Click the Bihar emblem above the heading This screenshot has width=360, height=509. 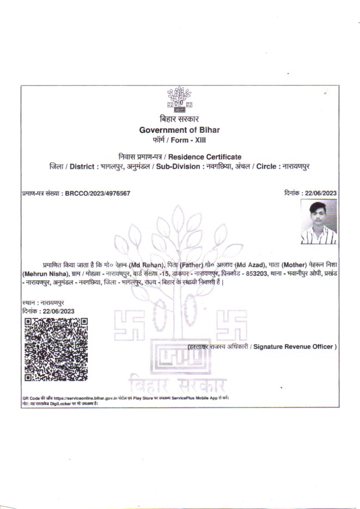coord(179,98)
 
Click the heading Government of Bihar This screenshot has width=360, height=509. coord(179,130)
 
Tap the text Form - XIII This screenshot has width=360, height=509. coord(189,140)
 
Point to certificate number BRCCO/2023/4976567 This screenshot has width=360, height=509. coord(97,193)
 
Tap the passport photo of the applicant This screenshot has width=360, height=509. coord(319,222)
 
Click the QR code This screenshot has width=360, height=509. coord(56,349)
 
